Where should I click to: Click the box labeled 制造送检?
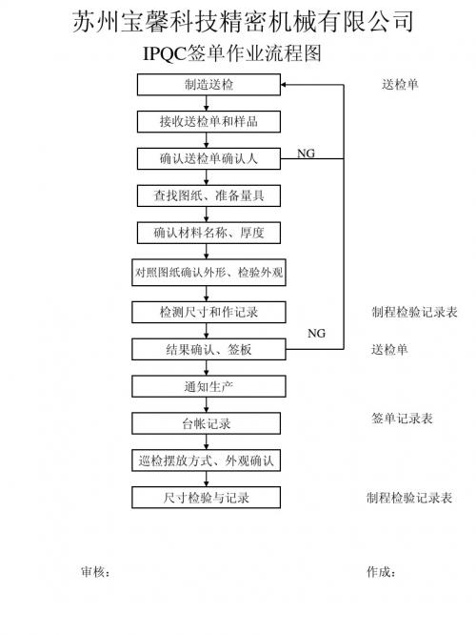pos(208,85)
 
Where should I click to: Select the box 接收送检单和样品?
pos(208,121)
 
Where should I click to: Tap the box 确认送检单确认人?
pos(208,158)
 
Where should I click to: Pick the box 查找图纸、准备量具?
pos(208,195)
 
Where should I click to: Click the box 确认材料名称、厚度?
pos(208,233)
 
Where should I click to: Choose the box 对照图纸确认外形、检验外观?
pos(208,272)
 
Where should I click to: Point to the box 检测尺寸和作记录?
pos(208,312)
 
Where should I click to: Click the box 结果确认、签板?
pos(208,349)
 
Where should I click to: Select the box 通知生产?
pos(208,386)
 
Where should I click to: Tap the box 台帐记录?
pos(207,423)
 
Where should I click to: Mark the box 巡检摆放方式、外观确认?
pos(207,461)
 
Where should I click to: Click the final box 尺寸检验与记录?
pos(207,498)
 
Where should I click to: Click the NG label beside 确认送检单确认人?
pos(306,154)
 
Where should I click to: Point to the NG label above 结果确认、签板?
pos(316,333)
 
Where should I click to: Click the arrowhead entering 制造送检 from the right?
pos(284,85)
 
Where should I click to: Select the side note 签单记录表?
pos(402,419)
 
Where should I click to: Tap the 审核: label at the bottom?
pos(95,572)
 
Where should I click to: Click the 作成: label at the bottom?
pos(381,572)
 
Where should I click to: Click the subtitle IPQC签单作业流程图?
pos(232,53)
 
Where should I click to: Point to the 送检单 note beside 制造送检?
pos(400,84)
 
